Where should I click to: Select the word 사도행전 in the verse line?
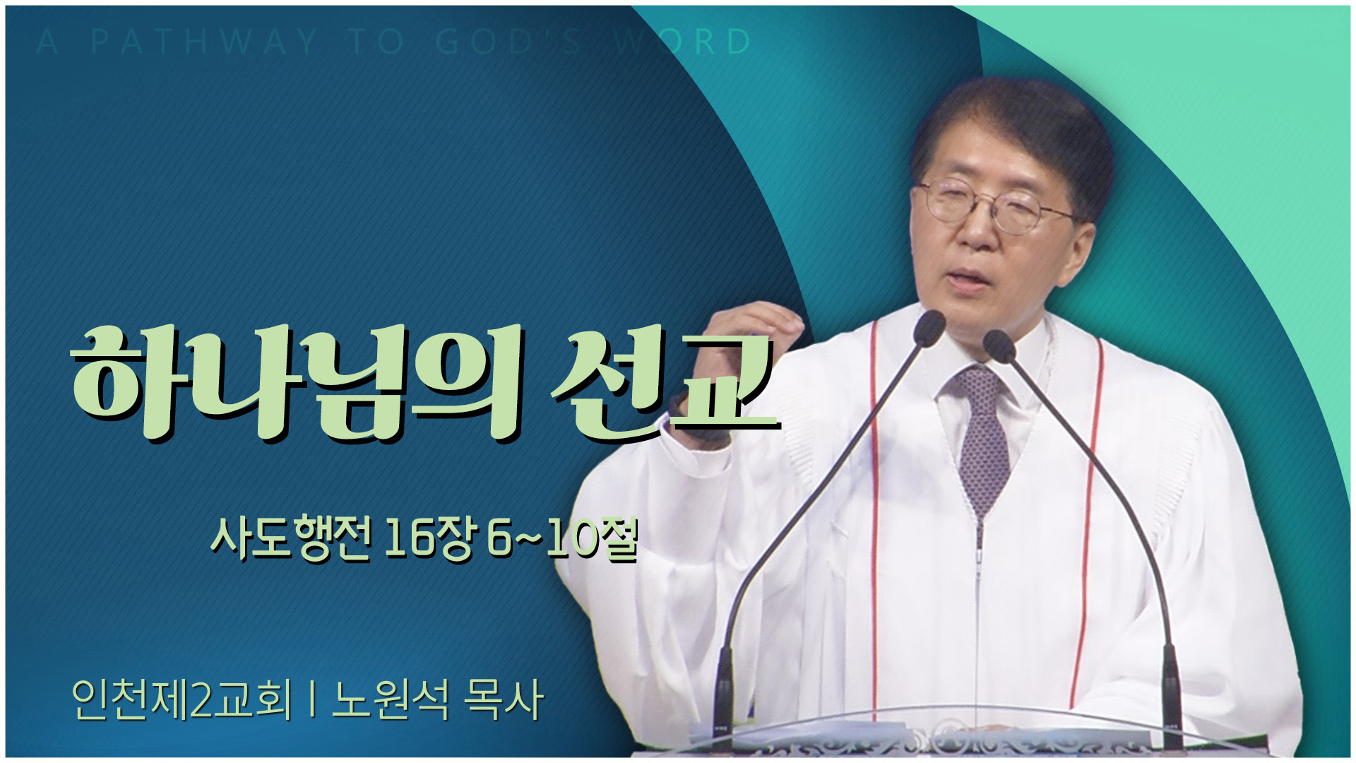[x=291, y=540]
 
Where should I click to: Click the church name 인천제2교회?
[x=182, y=699]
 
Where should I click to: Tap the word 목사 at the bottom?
[x=503, y=699]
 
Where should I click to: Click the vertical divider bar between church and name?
[x=311, y=700]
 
